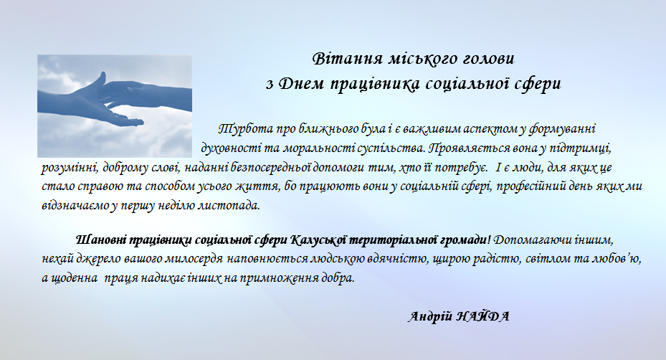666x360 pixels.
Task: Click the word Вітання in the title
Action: [348, 59]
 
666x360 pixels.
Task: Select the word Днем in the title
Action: [301, 84]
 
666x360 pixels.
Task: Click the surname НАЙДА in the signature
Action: [482, 317]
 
